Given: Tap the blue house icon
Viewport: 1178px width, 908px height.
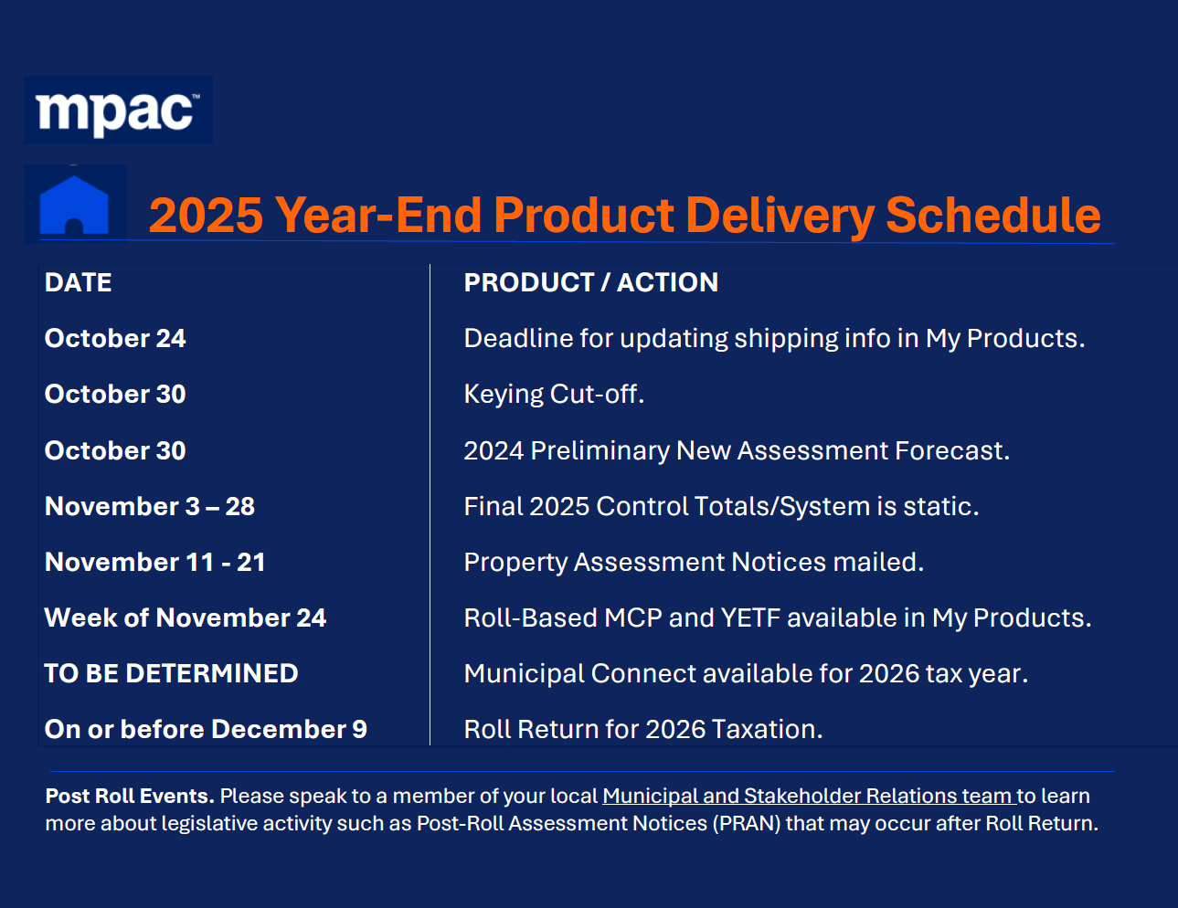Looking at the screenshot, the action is [x=74, y=205].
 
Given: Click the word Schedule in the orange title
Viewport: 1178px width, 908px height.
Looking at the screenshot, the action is [x=992, y=215].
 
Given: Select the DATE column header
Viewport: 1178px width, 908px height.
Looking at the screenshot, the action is [x=78, y=282].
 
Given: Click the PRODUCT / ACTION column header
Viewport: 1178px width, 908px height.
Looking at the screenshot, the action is [x=591, y=282].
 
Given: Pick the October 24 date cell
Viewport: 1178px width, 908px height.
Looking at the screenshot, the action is [x=115, y=339].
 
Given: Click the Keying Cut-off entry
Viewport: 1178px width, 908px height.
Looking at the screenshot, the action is [x=554, y=394].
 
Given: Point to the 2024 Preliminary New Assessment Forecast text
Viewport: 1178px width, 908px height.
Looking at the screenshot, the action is [x=737, y=450].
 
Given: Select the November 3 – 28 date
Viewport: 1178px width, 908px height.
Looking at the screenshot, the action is [x=150, y=507].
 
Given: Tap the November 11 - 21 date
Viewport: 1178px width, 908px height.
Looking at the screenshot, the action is [x=155, y=563].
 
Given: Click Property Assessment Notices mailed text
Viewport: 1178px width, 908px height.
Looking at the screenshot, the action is [x=694, y=563].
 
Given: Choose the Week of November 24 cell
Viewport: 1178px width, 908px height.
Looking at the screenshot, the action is [x=186, y=618].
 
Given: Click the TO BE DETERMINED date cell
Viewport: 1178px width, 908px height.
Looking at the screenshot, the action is [x=171, y=673].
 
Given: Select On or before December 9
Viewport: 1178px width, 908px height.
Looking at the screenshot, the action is [x=206, y=729].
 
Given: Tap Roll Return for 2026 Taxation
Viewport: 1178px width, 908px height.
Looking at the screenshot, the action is [x=643, y=729].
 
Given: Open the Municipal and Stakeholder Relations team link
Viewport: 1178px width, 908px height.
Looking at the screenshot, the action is [x=809, y=796].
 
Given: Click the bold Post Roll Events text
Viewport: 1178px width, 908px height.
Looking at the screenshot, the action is [x=130, y=796].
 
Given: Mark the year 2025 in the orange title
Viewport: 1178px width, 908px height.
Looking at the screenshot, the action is [x=206, y=215].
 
